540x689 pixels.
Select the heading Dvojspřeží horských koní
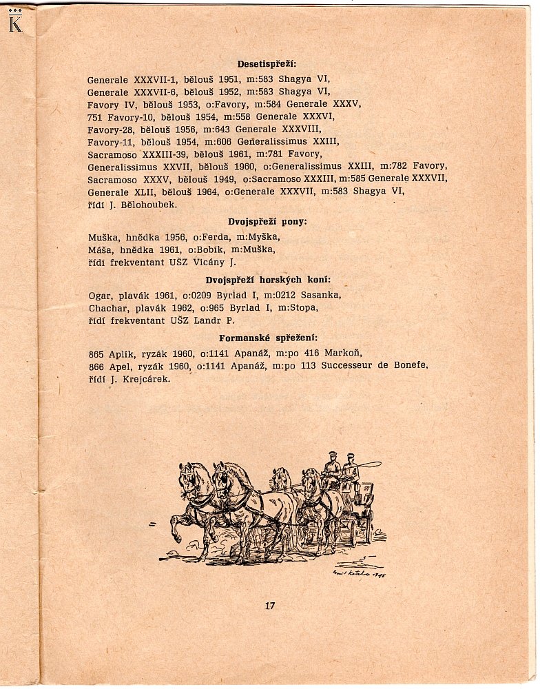[x=268, y=280]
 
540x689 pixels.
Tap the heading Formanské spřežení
[x=268, y=338]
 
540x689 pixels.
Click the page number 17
[x=269, y=606]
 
